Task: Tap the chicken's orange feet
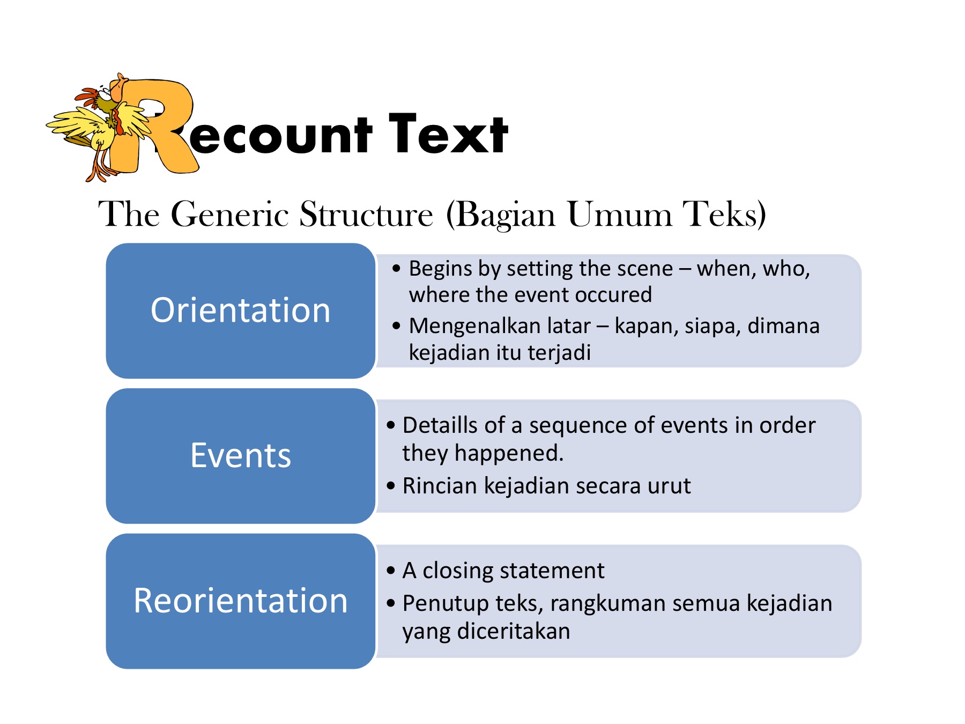click(99, 169)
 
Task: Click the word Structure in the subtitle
click(366, 215)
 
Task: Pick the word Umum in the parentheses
click(619, 215)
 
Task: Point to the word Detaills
click(440, 425)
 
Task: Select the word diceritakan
click(514, 631)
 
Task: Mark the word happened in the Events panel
click(509, 453)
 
